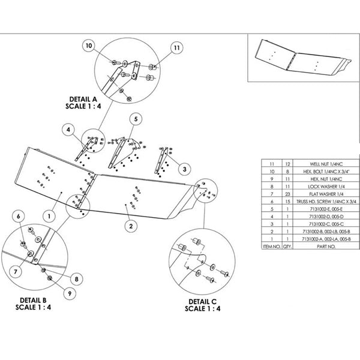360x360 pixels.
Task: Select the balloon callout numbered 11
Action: point(176,47)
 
